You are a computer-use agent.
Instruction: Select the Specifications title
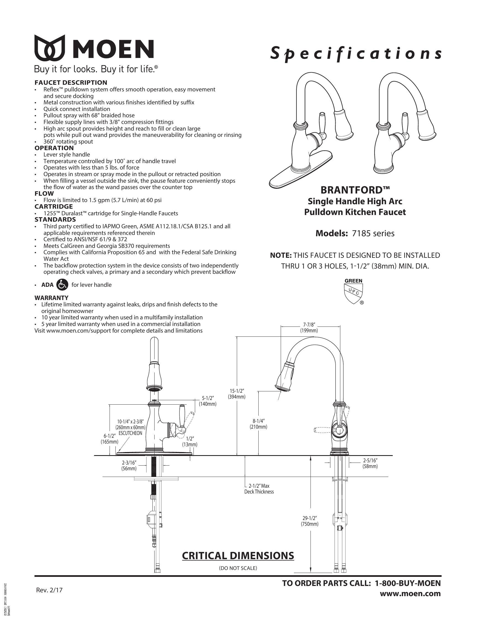pyautogui.click(x=356, y=54)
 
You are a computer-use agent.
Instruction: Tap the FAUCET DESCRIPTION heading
pyautogui.click(x=71, y=83)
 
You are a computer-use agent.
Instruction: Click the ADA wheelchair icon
pyautogui.click(x=63, y=285)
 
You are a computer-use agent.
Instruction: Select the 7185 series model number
pyautogui.click(x=373, y=233)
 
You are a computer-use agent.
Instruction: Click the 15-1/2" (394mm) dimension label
pyautogui.click(x=237, y=394)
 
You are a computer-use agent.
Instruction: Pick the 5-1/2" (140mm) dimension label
pyautogui.click(x=208, y=401)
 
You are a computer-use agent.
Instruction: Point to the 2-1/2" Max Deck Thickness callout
pyautogui.click(x=259, y=489)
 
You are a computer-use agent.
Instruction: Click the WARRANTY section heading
pyautogui.click(x=51, y=298)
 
